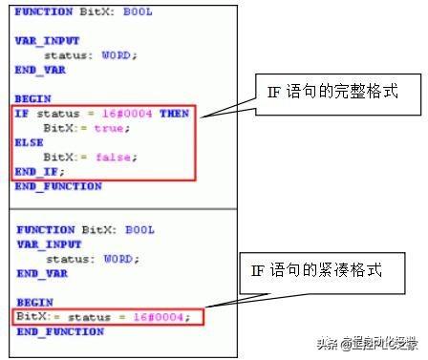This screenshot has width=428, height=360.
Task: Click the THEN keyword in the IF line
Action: tap(173, 114)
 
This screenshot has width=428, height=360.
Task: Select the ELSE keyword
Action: tap(29, 142)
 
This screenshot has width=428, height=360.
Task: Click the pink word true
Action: tap(107, 127)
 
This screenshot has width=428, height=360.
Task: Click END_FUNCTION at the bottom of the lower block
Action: tap(60, 331)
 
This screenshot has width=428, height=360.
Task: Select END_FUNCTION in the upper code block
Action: tap(58, 185)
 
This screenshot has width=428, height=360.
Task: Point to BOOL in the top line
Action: tap(137, 11)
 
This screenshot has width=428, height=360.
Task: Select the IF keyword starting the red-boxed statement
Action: tap(21, 114)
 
